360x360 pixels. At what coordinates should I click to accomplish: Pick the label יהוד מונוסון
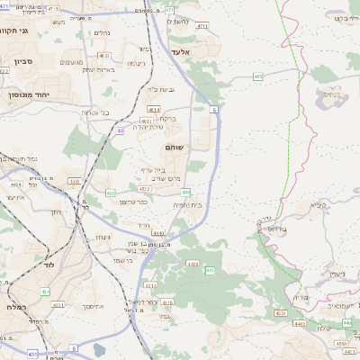coord(26,93)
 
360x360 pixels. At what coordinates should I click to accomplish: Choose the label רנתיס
coord(331,93)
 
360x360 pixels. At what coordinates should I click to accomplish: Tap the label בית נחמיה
coord(187,205)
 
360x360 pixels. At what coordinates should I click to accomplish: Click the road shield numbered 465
coord(257,77)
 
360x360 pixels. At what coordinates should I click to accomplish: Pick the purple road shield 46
coord(120,131)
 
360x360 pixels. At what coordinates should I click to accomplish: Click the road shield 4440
coord(133,233)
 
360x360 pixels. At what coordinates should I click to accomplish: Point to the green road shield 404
coord(45,292)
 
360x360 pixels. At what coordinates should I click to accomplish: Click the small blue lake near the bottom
coord(99,350)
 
